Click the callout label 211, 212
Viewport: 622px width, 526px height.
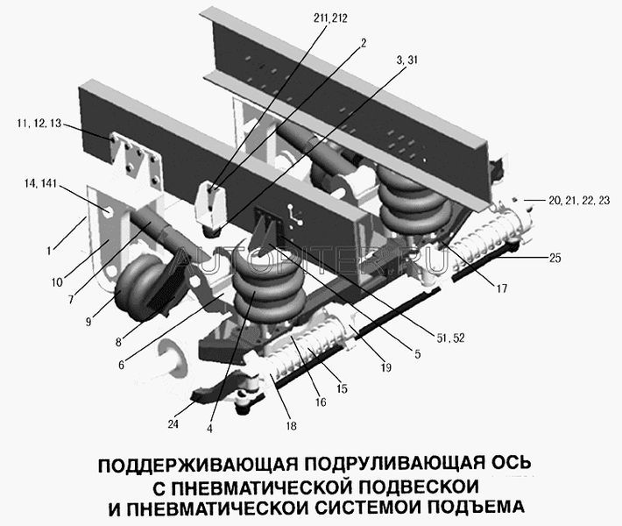point(330,18)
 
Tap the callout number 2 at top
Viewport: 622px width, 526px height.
point(364,42)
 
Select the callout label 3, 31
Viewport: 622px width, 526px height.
point(407,60)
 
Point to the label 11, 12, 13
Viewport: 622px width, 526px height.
point(39,123)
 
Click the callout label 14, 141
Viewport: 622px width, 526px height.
point(41,183)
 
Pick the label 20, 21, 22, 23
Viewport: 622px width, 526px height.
point(579,201)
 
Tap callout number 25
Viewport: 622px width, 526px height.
point(555,258)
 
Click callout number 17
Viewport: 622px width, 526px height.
point(502,288)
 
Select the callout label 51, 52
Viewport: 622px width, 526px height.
point(450,338)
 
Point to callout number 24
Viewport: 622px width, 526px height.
point(173,424)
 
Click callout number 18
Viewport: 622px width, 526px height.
point(291,426)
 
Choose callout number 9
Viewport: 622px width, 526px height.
point(88,321)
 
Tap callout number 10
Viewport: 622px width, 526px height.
point(57,282)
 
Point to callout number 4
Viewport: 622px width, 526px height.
point(209,429)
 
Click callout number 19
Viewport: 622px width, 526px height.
point(386,367)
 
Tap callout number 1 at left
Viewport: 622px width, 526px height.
point(49,251)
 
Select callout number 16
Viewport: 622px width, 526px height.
point(321,402)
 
